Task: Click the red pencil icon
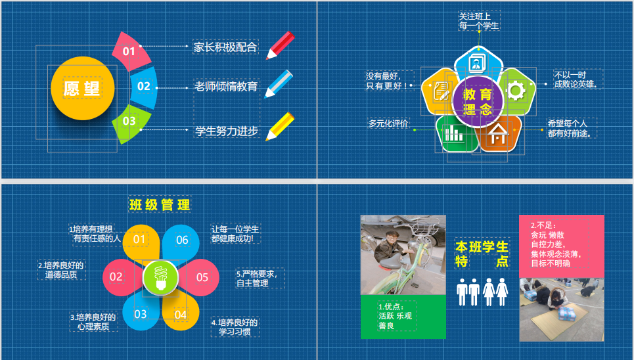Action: click(x=280, y=45)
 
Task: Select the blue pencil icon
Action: click(x=279, y=83)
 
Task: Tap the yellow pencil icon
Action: click(x=280, y=127)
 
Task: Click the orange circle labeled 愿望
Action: click(x=83, y=88)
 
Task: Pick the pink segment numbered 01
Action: click(x=131, y=51)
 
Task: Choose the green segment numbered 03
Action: click(x=131, y=123)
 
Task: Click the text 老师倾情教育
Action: click(x=226, y=87)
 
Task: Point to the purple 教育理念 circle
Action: click(x=478, y=102)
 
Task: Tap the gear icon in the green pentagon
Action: click(x=516, y=90)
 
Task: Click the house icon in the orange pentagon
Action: click(x=497, y=134)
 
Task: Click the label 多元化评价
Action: click(x=388, y=124)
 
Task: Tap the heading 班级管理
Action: click(x=160, y=205)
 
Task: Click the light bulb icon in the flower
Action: click(x=160, y=278)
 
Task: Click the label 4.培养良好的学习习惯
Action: click(x=235, y=327)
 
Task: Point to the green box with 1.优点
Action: click(x=403, y=317)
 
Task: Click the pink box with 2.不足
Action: click(x=562, y=246)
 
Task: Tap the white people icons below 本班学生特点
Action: click(x=482, y=292)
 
